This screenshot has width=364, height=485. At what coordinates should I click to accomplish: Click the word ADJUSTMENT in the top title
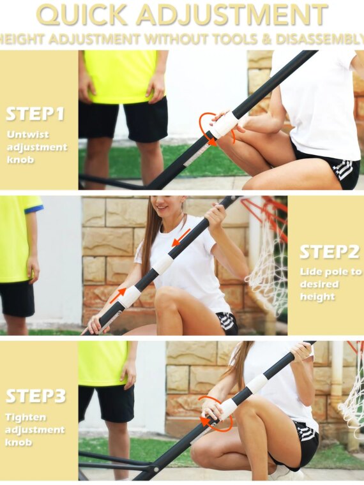[232, 15]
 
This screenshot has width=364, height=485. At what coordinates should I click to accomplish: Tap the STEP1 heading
[35, 114]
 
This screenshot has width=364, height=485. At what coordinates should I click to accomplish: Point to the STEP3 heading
[36, 396]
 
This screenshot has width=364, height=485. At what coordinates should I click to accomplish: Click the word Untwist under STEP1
[28, 135]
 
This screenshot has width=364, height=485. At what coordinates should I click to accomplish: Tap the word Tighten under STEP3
[26, 417]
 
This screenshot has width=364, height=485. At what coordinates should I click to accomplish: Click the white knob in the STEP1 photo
[224, 124]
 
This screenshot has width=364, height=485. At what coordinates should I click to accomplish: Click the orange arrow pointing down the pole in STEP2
[181, 238]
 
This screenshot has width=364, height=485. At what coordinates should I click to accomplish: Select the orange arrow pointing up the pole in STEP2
[118, 295]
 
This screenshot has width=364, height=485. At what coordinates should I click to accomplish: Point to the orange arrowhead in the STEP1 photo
[212, 142]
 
